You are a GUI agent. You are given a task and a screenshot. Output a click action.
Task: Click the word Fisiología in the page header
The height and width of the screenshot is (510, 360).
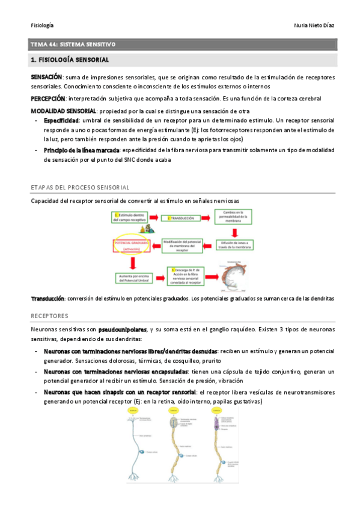[x=42, y=25]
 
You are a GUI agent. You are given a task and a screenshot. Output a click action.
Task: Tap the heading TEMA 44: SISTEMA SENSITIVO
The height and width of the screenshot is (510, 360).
[x=73, y=45]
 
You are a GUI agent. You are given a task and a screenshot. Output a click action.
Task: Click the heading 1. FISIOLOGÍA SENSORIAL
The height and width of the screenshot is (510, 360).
[x=70, y=60]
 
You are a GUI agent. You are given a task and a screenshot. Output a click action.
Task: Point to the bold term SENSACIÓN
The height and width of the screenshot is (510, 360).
[x=47, y=78]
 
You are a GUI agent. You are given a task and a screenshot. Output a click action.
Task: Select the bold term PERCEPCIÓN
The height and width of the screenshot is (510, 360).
[x=48, y=98]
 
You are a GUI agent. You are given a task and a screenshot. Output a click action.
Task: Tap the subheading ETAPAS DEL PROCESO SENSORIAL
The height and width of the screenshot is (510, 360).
[x=80, y=188]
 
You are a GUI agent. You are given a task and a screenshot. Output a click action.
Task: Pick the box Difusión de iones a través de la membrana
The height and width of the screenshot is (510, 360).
[x=232, y=244]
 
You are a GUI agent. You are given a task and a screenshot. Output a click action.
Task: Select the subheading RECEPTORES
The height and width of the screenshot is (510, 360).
[x=49, y=315]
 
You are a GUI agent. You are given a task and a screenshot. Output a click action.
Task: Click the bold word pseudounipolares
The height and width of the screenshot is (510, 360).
[x=123, y=330]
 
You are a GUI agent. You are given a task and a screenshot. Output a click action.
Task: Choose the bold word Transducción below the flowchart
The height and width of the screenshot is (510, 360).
[x=47, y=298]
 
